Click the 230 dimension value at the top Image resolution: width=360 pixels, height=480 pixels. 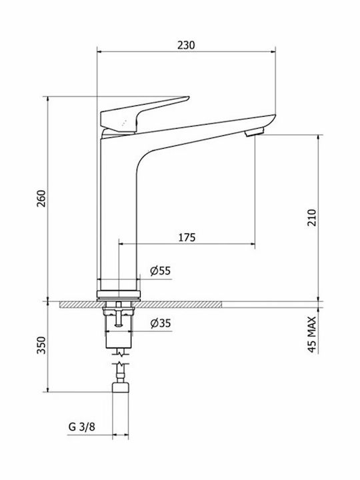point(186,45)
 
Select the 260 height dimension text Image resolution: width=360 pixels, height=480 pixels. point(41,199)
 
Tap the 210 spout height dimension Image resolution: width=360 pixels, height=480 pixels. point(311,217)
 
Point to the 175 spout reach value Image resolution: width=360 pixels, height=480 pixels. point(187,237)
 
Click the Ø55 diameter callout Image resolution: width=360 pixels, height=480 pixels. point(161,271)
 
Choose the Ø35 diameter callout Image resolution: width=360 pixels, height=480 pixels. point(161,323)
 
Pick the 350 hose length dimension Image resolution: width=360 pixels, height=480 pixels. point(41,345)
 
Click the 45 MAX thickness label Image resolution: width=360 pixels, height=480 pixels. point(311,335)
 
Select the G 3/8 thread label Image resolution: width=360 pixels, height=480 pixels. point(82,427)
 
